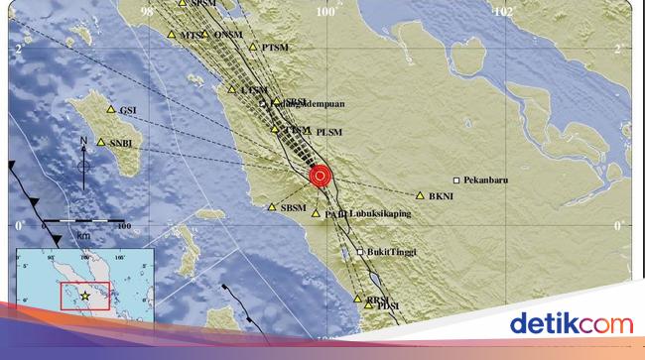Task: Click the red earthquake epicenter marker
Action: [x=320, y=177]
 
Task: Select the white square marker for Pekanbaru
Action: [x=456, y=180]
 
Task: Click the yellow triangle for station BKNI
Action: [x=421, y=196]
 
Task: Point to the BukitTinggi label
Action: [x=391, y=252]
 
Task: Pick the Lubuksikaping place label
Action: [x=380, y=212]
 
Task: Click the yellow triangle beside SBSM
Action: [x=273, y=207]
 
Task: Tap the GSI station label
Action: [x=127, y=110]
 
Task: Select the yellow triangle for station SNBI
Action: [x=101, y=143]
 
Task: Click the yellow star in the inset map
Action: [x=86, y=296]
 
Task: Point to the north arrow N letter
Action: [x=82, y=140]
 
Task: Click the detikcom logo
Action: [x=571, y=322]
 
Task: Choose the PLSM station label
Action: [x=328, y=131]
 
